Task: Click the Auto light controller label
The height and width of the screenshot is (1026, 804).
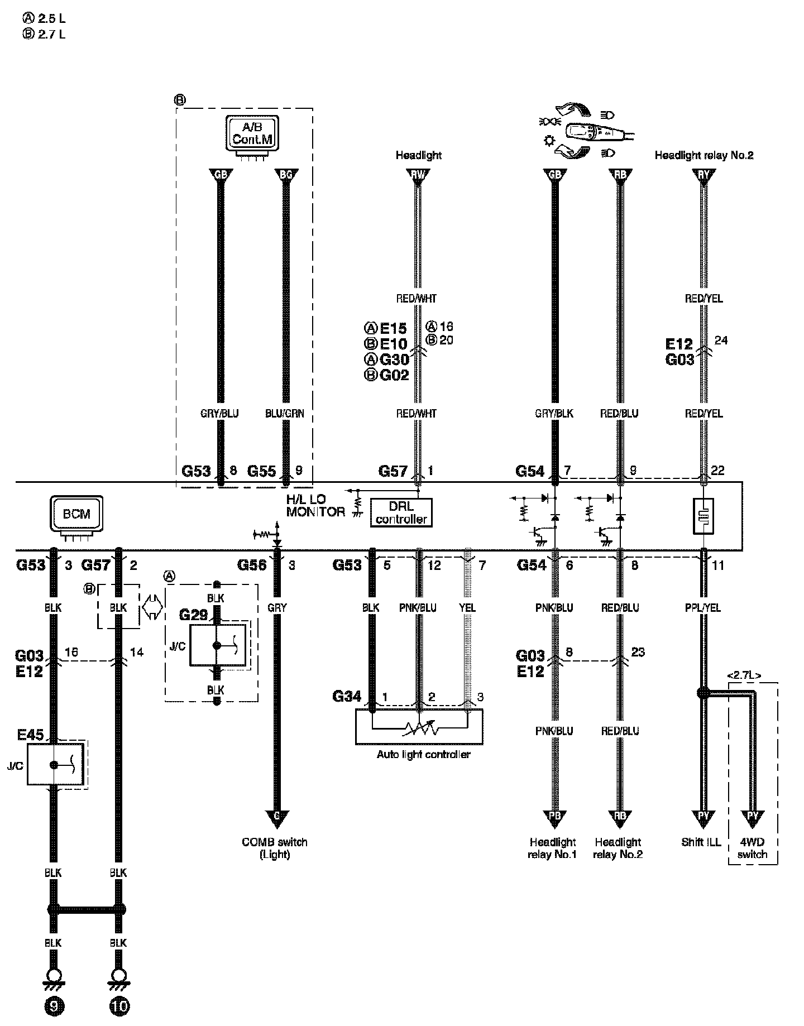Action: pyautogui.click(x=424, y=755)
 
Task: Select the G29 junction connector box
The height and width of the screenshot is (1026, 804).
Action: pyautogui.click(x=217, y=645)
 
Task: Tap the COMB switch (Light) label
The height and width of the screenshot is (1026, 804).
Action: pyautogui.click(x=275, y=848)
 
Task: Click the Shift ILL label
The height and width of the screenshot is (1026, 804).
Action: pyautogui.click(x=701, y=842)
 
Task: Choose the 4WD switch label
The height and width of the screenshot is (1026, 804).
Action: pyautogui.click(x=752, y=848)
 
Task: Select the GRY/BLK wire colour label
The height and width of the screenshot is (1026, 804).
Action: pyautogui.click(x=554, y=414)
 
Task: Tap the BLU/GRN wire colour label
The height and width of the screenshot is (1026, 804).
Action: pyautogui.click(x=285, y=414)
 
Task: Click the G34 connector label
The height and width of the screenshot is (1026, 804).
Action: pyautogui.click(x=347, y=696)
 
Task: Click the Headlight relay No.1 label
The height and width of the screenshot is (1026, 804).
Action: pyautogui.click(x=553, y=848)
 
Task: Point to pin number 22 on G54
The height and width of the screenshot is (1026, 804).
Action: pyautogui.click(x=718, y=471)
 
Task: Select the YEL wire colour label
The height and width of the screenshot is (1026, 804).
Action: pyautogui.click(x=467, y=608)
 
